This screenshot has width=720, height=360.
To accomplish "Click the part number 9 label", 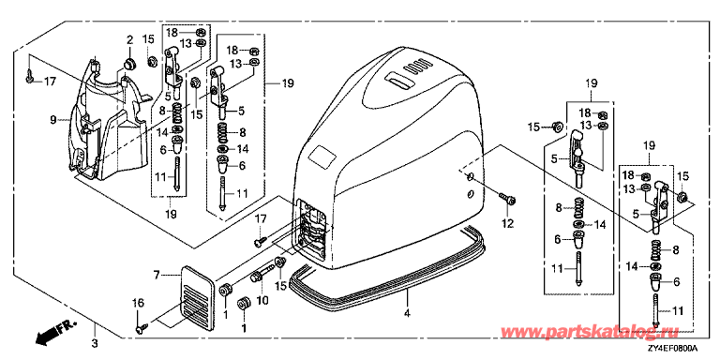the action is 53,120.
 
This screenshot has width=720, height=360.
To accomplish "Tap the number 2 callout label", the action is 129,38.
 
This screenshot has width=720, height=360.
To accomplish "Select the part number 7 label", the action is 157,275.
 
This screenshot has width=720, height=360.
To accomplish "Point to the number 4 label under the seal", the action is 407,314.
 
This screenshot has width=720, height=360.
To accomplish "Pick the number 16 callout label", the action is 138,303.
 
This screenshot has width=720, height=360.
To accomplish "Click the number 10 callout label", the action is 263,301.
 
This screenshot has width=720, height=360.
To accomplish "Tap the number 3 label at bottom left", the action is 95,342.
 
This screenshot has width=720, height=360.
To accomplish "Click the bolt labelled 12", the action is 507,199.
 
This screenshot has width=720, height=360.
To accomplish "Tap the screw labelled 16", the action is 142,327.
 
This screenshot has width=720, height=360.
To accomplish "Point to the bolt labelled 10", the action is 262,273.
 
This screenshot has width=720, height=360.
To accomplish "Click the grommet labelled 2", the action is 129,64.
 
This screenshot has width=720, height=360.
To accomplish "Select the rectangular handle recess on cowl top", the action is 398,81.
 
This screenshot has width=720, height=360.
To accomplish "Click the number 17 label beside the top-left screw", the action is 50,82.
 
